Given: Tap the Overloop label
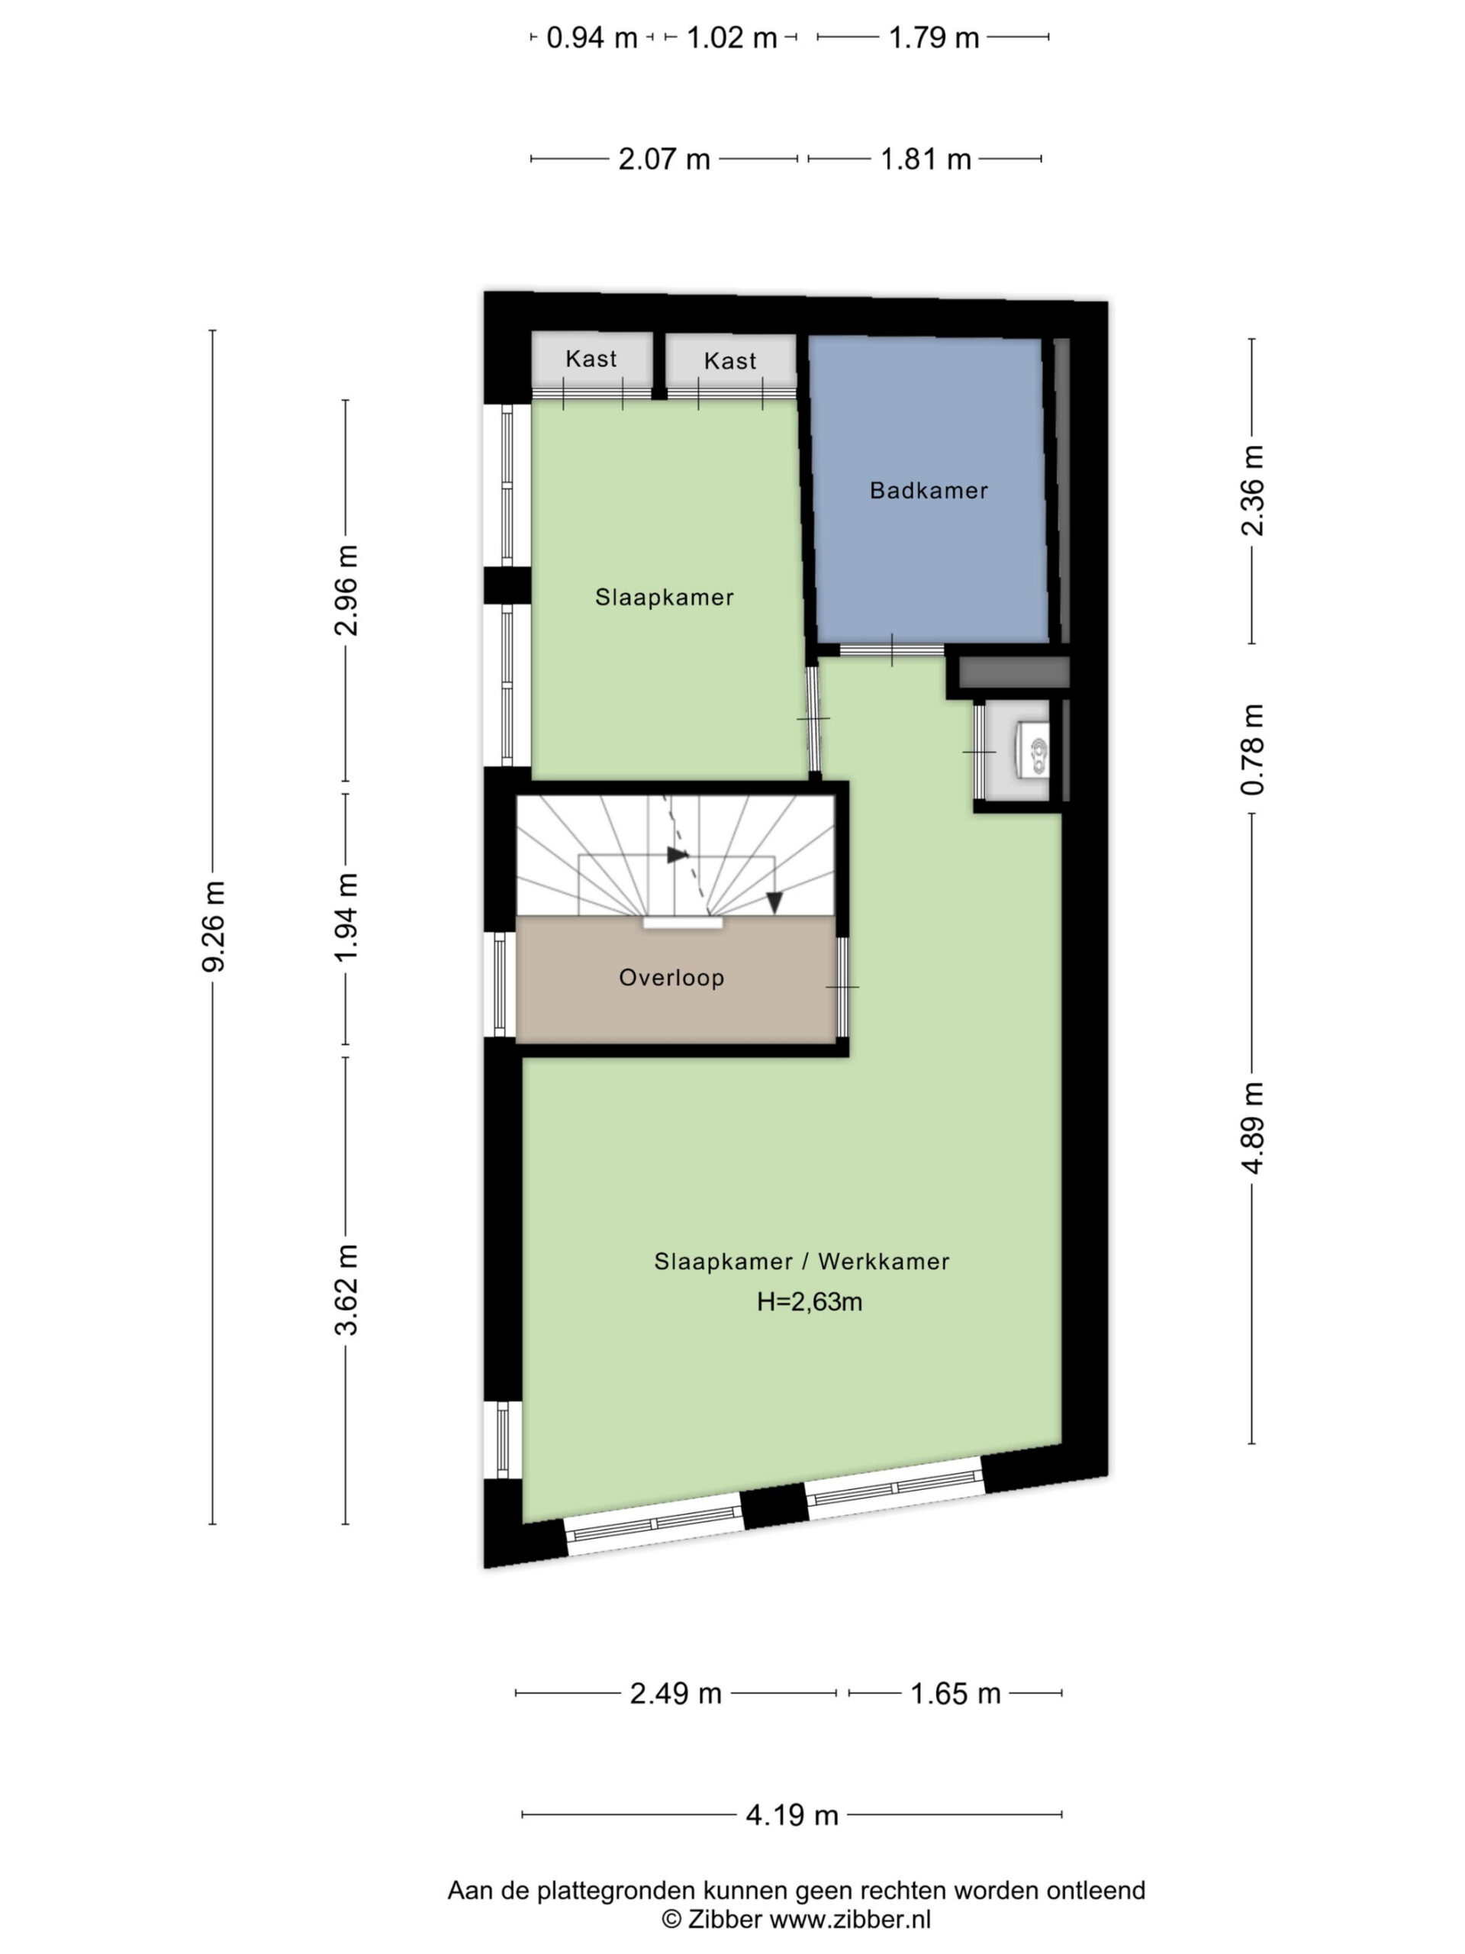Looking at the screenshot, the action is click(x=671, y=977).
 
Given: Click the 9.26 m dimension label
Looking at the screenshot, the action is click(x=214, y=926).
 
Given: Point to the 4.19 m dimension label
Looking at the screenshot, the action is click(x=791, y=1814).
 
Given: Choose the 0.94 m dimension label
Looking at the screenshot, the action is click(x=591, y=38).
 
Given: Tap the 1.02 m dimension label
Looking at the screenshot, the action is click(x=731, y=38).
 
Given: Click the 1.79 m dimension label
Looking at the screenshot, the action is click(x=933, y=38).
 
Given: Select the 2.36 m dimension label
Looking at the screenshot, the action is click(x=1252, y=490).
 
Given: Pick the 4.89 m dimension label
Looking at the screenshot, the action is click(x=1252, y=1128).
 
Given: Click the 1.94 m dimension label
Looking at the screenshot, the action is click(x=346, y=917).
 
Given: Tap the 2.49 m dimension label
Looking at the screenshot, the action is click(x=675, y=1694).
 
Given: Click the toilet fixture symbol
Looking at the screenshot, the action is click(x=1033, y=750).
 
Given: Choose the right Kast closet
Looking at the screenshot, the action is click(x=730, y=363).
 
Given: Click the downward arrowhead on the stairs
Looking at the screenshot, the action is click(x=774, y=903).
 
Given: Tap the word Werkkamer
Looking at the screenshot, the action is click(x=884, y=1262).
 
